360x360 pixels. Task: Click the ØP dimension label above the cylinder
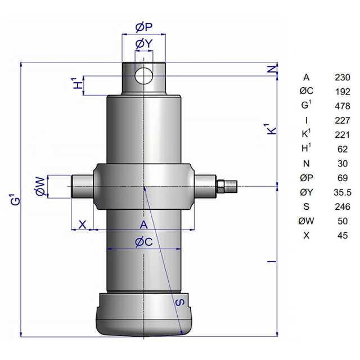coord(144,28)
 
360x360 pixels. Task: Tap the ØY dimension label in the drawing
coord(144,44)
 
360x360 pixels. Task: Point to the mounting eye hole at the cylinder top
coord(144,76)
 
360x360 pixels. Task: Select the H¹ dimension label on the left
coord(78,84)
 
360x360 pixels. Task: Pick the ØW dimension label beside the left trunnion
coord(40,186)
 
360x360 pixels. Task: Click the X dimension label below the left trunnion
coord(83,224)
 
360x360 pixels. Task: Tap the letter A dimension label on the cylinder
coord(144,225)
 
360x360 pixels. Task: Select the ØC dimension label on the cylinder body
coord(144,242)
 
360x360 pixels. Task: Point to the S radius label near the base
coord(180,302)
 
